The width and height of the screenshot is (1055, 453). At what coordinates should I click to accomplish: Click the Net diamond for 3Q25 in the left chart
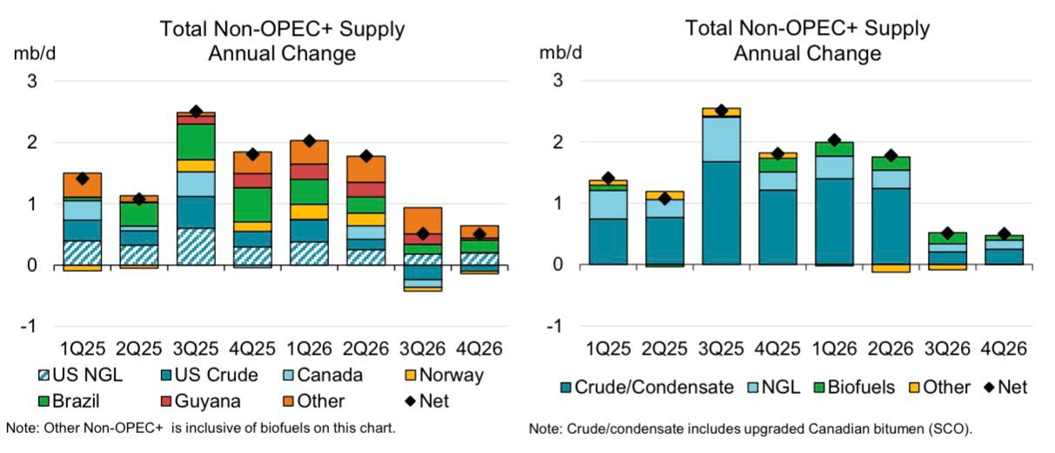[x=196, y=112]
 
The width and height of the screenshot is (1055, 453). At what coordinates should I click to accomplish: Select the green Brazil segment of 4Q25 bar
[x=252, y=205]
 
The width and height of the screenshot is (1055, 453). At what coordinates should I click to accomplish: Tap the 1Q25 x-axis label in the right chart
[x=608, y=348]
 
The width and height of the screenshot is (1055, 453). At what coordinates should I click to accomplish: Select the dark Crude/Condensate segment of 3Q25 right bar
[x=721, y=213]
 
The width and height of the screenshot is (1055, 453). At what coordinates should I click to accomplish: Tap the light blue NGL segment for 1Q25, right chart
[x=608, y=204]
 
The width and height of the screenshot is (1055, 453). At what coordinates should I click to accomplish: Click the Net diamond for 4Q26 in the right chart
[x=1005, y=233]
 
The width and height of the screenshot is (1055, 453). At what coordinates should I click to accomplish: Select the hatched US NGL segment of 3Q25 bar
[x=196, y=247]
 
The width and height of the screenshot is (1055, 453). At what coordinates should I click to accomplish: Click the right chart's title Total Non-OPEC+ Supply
[x=808, y=28]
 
